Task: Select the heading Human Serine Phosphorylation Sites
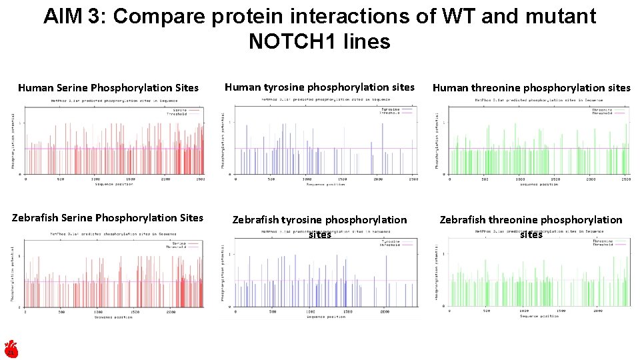(x=108, y=88)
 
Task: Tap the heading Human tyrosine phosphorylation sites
(x=319, y=87)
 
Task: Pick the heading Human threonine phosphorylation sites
(x=531, y=87)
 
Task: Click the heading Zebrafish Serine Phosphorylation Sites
(x=107, y=217)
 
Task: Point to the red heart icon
(x=11, y=349)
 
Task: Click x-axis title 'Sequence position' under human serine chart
(x=113, y=185)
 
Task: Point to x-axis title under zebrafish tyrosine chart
(x=325, y=317)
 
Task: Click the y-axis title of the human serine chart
(x=13, y=140)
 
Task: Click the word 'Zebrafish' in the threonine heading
(x=463, y=220)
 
